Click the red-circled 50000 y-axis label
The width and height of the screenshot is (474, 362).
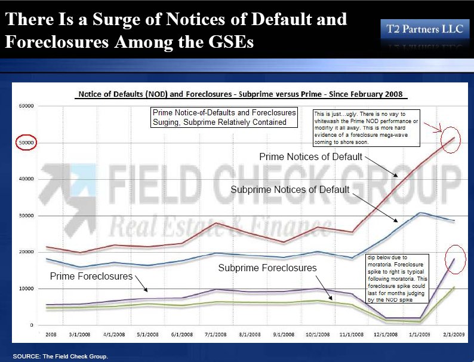(x=27, y=142)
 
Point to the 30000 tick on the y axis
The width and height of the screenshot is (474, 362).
(x=27, y=216)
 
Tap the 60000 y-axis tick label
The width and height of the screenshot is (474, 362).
(x=27, y=106)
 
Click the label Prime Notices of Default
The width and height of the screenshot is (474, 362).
(x=310, y=157)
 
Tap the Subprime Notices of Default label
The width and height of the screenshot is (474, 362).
(x=291, y=189)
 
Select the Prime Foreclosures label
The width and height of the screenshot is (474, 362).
(x=90, y=276)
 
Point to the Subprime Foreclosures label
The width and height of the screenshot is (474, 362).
(x=267, y=268)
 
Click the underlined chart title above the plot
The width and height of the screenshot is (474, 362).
(x=242, y=95)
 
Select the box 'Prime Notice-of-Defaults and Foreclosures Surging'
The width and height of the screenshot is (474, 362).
(x=224, y=117)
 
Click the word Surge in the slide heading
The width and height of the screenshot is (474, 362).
(x=114, y=19)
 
